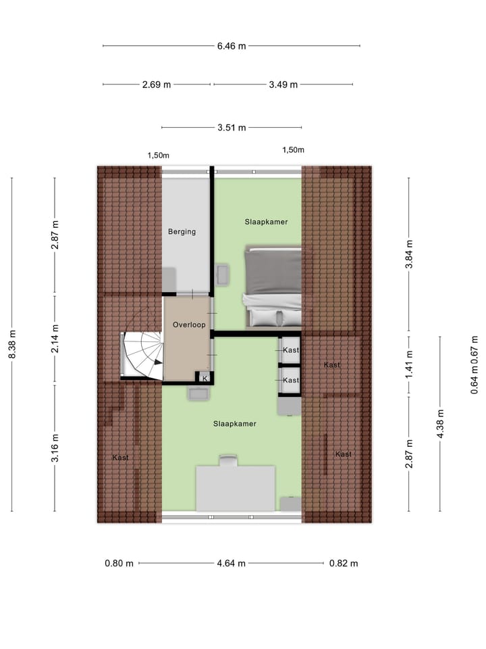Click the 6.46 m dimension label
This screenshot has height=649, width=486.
[x=232, y=46]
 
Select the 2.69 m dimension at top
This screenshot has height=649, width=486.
[x=157, y=85]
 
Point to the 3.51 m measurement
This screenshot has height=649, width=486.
[x=232, y=127]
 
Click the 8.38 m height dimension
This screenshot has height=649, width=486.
[x=12, y=345]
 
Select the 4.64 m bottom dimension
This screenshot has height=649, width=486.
[x=232, y=563]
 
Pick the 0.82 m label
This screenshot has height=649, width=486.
[x=344, y=563]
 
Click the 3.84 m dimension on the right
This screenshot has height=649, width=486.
[x=408, y=254]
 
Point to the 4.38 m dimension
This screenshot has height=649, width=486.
[x=440, y=424]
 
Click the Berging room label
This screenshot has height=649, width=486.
[x=182, y=232]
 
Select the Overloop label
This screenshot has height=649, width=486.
[x=188, y=325]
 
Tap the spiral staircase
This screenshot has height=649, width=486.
[x=143, y=355]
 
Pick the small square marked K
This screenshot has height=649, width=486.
[x=205, y=379]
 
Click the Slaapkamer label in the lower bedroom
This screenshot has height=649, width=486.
[x=234, y=424]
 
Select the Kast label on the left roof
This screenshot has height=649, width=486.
[x=120, y=458]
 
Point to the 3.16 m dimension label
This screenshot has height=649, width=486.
[x=55, y=448]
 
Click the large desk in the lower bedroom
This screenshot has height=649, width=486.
[x=236, y=487]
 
